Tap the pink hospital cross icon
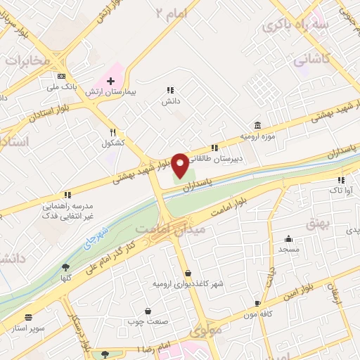pyautogui.click(x=110, y=81)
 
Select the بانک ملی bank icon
pyautogui.click(x=62, y=76)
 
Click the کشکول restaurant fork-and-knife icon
pyautogui.click(x=112, y=132)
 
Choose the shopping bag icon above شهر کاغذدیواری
pyautogui.click(x=188, y=273)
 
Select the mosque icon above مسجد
pyautogui.click(x=289, y=239)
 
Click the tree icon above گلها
pyautogui.click(x=65, y=267)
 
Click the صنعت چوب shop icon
pyautogui.click(x=147, y=311)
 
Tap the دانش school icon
pyautogui.click(x=169, y=90)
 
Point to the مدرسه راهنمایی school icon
pyautogui.click(x=67, y=194)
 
